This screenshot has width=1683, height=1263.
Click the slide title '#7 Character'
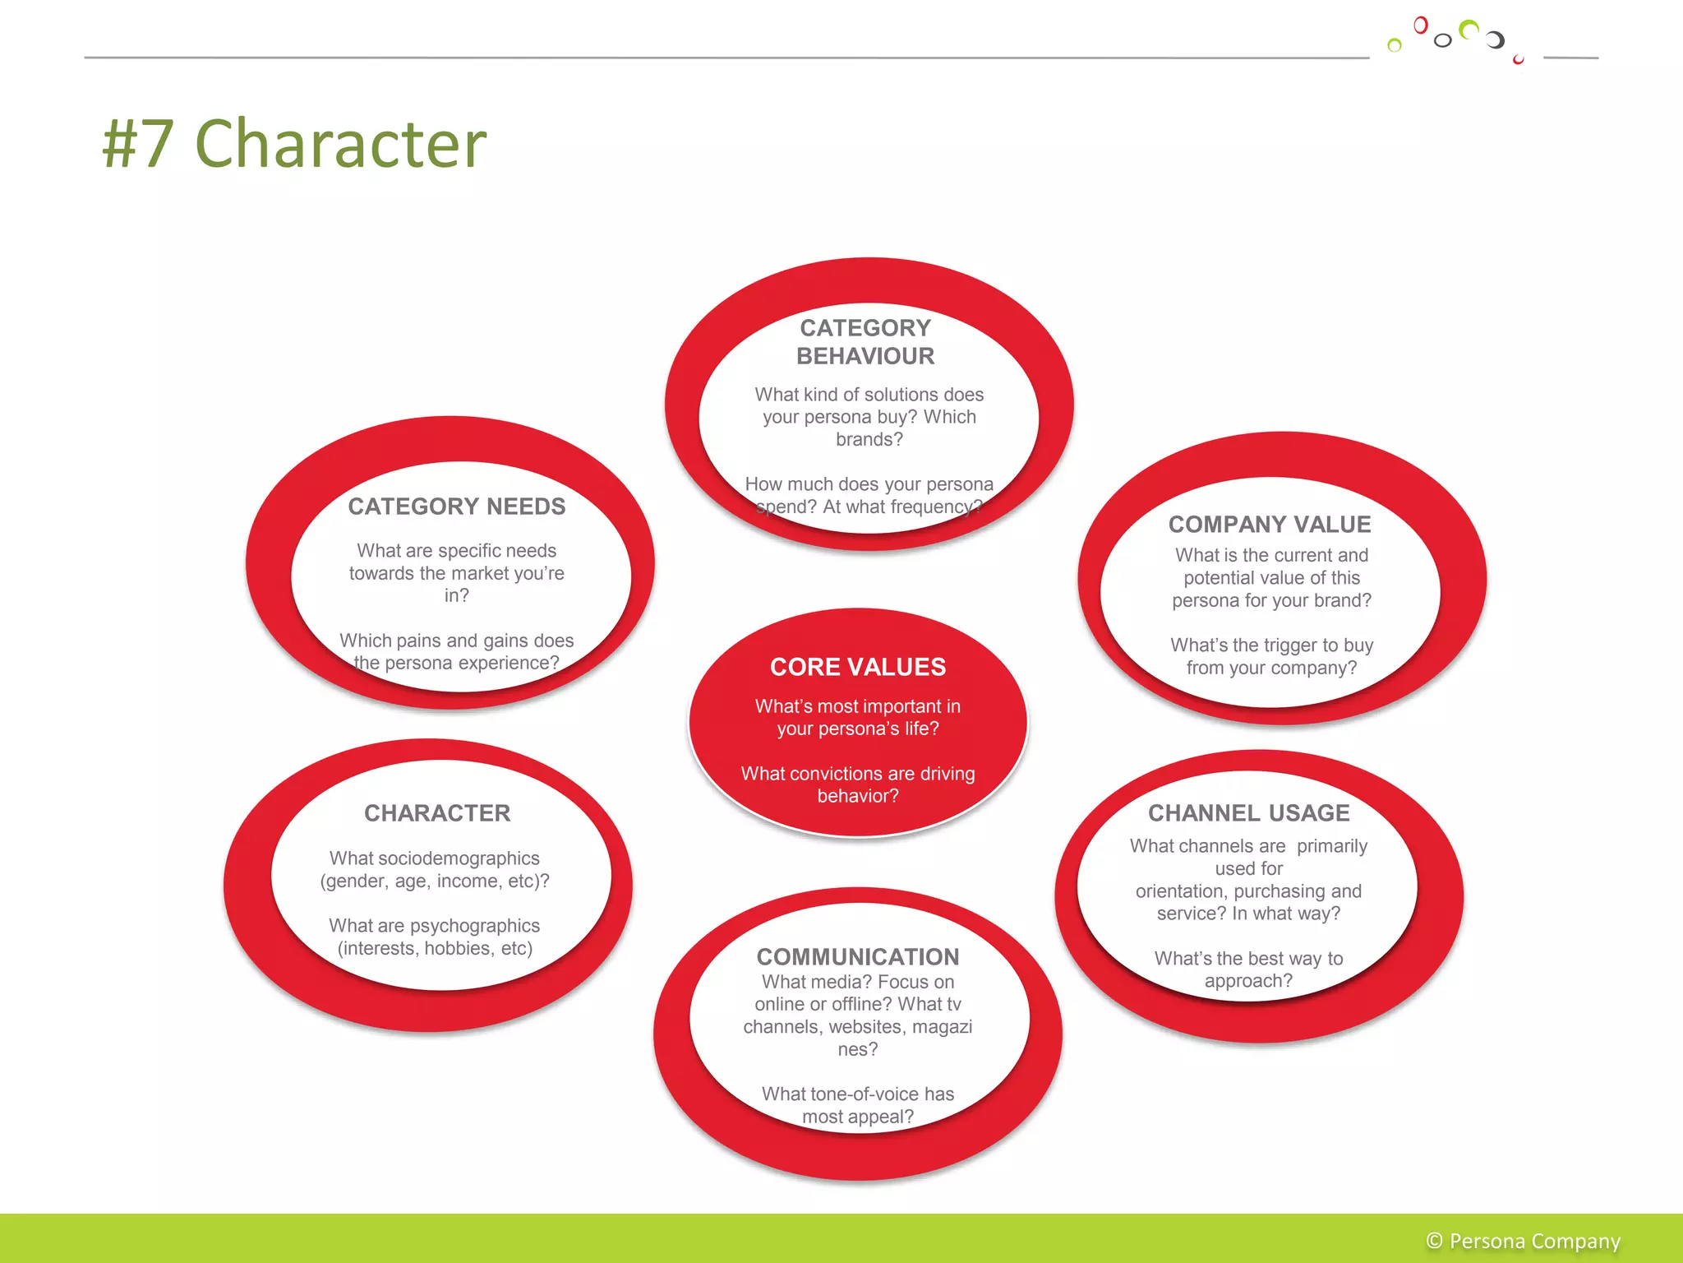tap(294, 144)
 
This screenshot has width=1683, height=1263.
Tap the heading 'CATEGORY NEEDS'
tap(456, 507)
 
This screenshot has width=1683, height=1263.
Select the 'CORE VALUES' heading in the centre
tap(857, 667)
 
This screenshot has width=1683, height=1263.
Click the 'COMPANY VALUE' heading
tap(1270, 525)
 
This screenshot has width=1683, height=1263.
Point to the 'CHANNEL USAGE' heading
tap(1248, 813)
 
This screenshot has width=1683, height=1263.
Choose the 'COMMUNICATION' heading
tap(857, 957)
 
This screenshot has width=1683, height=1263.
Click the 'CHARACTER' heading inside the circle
tap(437, 813)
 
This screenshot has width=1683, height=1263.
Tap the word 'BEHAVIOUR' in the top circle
tap(865, 356)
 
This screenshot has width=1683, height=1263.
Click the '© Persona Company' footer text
tap(1523, 1241)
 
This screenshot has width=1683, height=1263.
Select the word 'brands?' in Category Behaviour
tap(869, 440)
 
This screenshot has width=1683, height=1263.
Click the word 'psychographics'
tap(474, 926)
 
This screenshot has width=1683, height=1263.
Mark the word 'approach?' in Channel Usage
tap(1248, 981)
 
